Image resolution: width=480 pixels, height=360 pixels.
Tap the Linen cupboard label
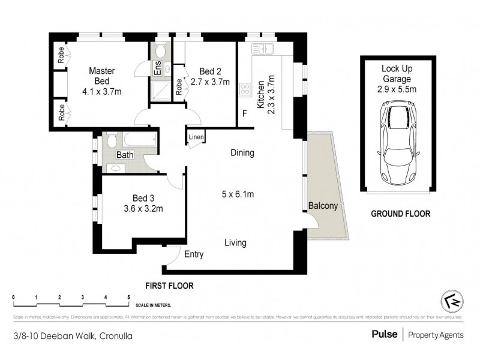196,137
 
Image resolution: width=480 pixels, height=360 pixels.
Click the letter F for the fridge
244,113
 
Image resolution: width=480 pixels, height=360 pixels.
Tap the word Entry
194,254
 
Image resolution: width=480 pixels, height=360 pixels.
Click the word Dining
242,153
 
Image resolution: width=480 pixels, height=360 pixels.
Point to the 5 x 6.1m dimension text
238,194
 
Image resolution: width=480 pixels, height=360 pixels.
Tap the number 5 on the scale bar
128,298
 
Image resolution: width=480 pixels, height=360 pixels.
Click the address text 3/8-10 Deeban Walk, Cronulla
73,336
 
